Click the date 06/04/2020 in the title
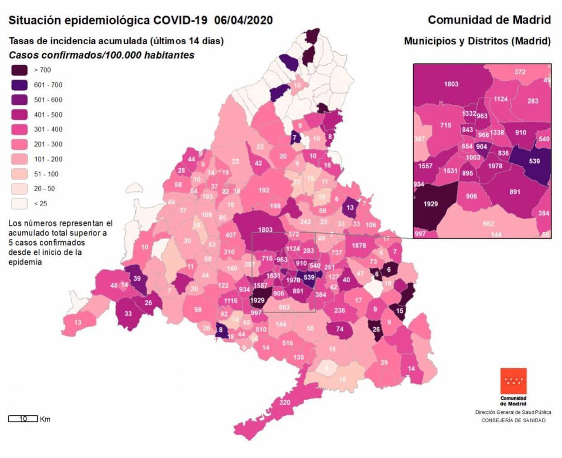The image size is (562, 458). click(244, 21)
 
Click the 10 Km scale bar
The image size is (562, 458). click(22, 419)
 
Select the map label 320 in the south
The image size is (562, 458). click(285, 402)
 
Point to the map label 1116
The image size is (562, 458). click(230, 301)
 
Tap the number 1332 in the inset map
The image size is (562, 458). click(469, 114)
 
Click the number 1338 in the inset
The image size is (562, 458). click(497, 133)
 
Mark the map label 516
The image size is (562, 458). click(288, 343)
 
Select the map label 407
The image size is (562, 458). click(230, 235)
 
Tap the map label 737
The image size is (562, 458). click(337, 252)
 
